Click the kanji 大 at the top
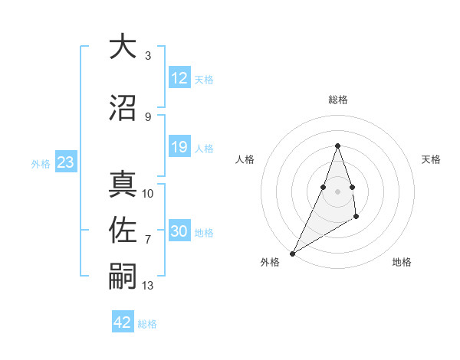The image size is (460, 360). coord(123,47)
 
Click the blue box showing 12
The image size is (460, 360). coord(179,78)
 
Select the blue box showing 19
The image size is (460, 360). coord(179,148)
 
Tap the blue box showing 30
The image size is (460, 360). coord(179,232)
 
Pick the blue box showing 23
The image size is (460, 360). coord(65,162)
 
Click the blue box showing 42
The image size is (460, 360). coord(123,322)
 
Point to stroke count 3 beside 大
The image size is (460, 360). coord(147,56)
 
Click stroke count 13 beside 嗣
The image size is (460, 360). coord(148,286)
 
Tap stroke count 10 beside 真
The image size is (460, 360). coord(148,194)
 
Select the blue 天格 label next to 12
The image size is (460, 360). coord(204,79)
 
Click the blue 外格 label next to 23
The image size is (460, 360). coord(41,163)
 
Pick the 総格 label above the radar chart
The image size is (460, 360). coord(337,100)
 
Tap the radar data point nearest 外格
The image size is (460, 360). coord(292,253)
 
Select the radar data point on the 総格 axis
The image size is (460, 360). coord(337,146)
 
